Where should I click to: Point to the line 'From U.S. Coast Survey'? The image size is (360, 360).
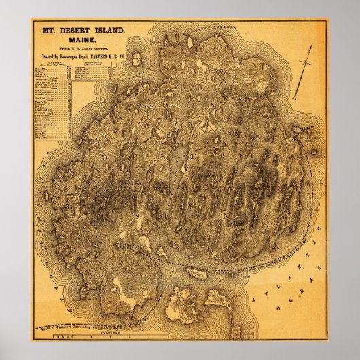[84, 48]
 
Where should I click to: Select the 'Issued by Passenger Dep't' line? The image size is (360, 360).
[84, 56]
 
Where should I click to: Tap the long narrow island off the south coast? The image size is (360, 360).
[198, 273]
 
